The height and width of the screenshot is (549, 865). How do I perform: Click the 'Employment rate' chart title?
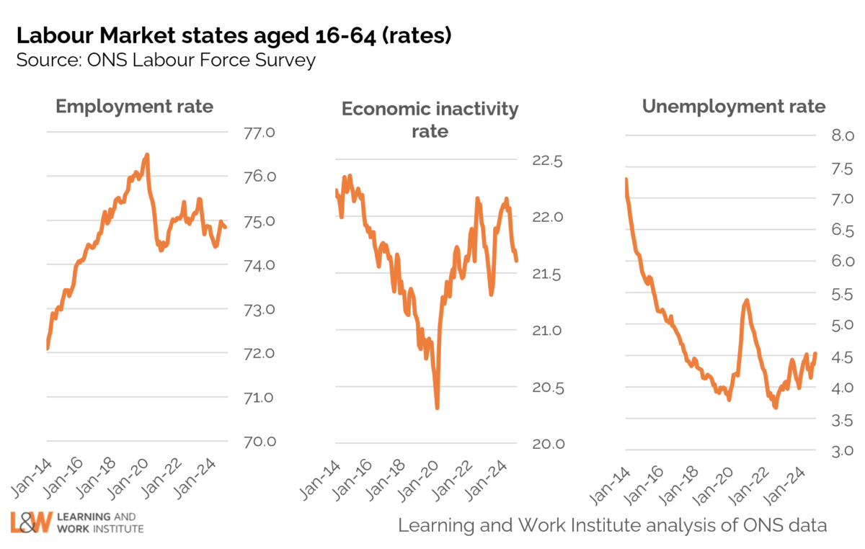point(135,107)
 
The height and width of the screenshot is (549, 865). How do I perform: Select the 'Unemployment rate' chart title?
point(734,107)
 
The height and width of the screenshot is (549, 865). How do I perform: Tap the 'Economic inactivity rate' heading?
point(430,120)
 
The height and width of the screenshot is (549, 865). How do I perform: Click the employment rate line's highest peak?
point(147,154)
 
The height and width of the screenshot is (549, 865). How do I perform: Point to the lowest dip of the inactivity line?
point(438,408)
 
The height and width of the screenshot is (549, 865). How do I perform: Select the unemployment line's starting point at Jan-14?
point(626,179)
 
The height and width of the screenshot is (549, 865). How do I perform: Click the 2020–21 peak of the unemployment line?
point(746,300)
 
